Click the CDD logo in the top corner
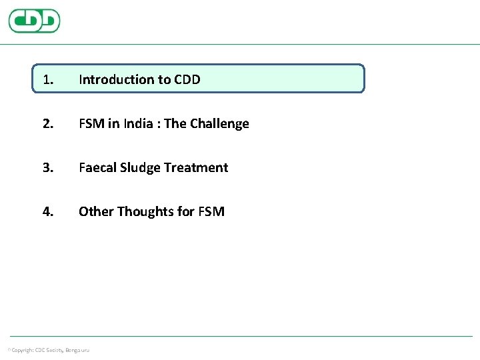click(34, 21)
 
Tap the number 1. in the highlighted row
click(47, 79)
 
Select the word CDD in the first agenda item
click(187, 79)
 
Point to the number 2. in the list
click(48, 123)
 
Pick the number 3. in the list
click(48, 167)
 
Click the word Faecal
click(97, 167)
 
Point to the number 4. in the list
click(48, 211)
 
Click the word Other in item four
click(96, 211)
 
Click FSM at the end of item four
click(211, 211)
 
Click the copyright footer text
click(49, 350)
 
